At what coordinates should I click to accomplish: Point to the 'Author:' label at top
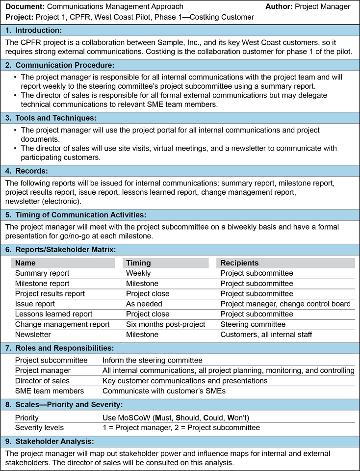coord(279,6)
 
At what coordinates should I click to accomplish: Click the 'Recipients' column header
coord(239,263)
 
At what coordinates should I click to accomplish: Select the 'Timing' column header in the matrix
coord(138,263)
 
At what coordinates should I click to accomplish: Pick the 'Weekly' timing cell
coord(138,273)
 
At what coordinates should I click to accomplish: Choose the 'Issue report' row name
coord(35,304)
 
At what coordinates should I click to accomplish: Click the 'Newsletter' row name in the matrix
coord(33,335)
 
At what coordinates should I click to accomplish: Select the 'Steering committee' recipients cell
coord(253,324)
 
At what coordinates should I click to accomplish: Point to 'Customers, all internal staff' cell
coord(266,335)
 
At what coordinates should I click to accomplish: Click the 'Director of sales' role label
coord(42,381)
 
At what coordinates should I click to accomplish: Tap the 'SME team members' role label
coord(50,391)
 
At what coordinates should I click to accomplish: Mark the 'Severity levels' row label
coord(38,427)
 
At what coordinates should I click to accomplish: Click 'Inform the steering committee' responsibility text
coord(152,360)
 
